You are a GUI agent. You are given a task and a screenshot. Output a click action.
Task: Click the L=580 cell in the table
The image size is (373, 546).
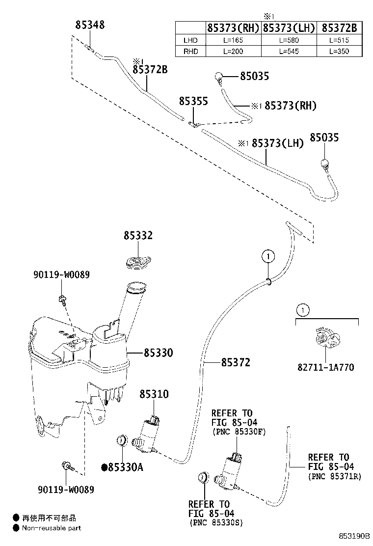(289, 40)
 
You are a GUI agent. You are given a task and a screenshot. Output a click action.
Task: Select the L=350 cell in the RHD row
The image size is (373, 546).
(339, 52)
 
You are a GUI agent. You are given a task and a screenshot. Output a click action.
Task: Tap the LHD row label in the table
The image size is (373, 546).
(190, 40)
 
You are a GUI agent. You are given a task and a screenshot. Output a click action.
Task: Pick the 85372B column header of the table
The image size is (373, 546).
(339, 28)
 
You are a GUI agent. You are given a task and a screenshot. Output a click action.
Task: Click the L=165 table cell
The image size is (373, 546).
(233, 40)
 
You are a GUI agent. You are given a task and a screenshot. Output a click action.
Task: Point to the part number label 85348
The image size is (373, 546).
(90, 25)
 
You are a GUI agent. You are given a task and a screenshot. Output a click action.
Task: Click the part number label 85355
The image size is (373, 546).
(193, 102)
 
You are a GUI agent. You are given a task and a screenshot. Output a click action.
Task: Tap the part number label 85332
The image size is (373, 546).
(138, 236)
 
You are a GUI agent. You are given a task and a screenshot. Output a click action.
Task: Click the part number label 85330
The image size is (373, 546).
(158, 353)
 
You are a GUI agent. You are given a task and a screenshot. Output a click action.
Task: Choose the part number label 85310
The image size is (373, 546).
(154, 394)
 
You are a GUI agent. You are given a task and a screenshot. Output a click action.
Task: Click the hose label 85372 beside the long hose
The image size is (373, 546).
(236, 363)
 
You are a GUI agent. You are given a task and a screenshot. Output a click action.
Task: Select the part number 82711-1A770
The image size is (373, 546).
(325, 367)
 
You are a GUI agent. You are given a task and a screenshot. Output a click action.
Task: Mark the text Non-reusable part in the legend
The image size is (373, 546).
(51, 528)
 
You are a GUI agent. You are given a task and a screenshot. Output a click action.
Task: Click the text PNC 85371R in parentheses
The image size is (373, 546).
(335, 476)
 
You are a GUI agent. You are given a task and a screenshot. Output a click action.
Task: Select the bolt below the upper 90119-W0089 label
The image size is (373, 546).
(63, 300)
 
